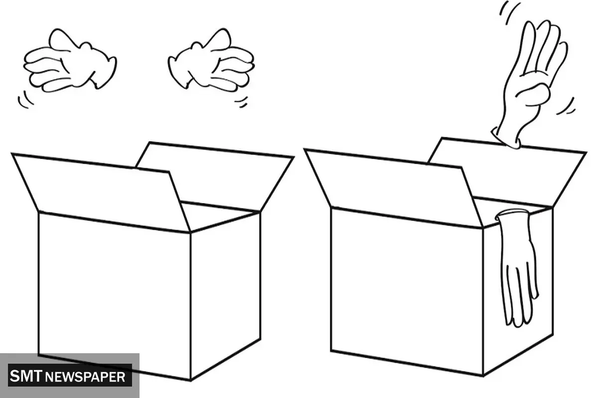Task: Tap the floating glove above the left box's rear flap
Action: (x=211, y=61)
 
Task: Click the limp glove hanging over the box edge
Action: (x=517, y=267)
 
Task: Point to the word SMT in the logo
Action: (x=26, y=376)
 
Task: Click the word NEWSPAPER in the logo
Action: (x=85, y=377)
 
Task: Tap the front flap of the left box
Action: (x=102, y=192)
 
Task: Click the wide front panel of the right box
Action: (x=407, y=291)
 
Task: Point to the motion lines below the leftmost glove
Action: (x=25, y=100)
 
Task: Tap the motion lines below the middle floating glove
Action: (x=241, y=102)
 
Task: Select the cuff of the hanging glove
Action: (x=511, y=214)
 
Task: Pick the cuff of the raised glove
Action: (x=506, y=139)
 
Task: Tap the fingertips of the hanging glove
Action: (x=521, y=312)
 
